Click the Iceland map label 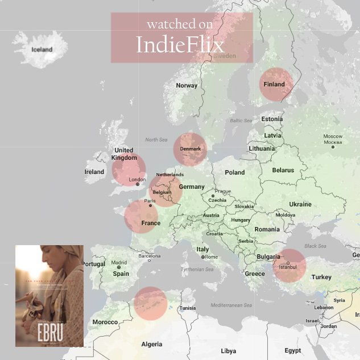point(42,49)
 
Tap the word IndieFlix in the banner point(180,44)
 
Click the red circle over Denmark point(190,149)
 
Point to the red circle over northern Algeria point(151,303)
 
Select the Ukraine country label point(300,204)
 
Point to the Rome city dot point(203,257)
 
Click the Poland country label point(234,172)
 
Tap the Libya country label point(228,351)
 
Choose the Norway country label point(187,85)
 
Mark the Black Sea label point(315,246)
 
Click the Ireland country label point(94,172)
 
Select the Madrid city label point(119,263)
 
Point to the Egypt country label point(293,350)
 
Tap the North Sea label point(156,139)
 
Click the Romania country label point(267,229)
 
